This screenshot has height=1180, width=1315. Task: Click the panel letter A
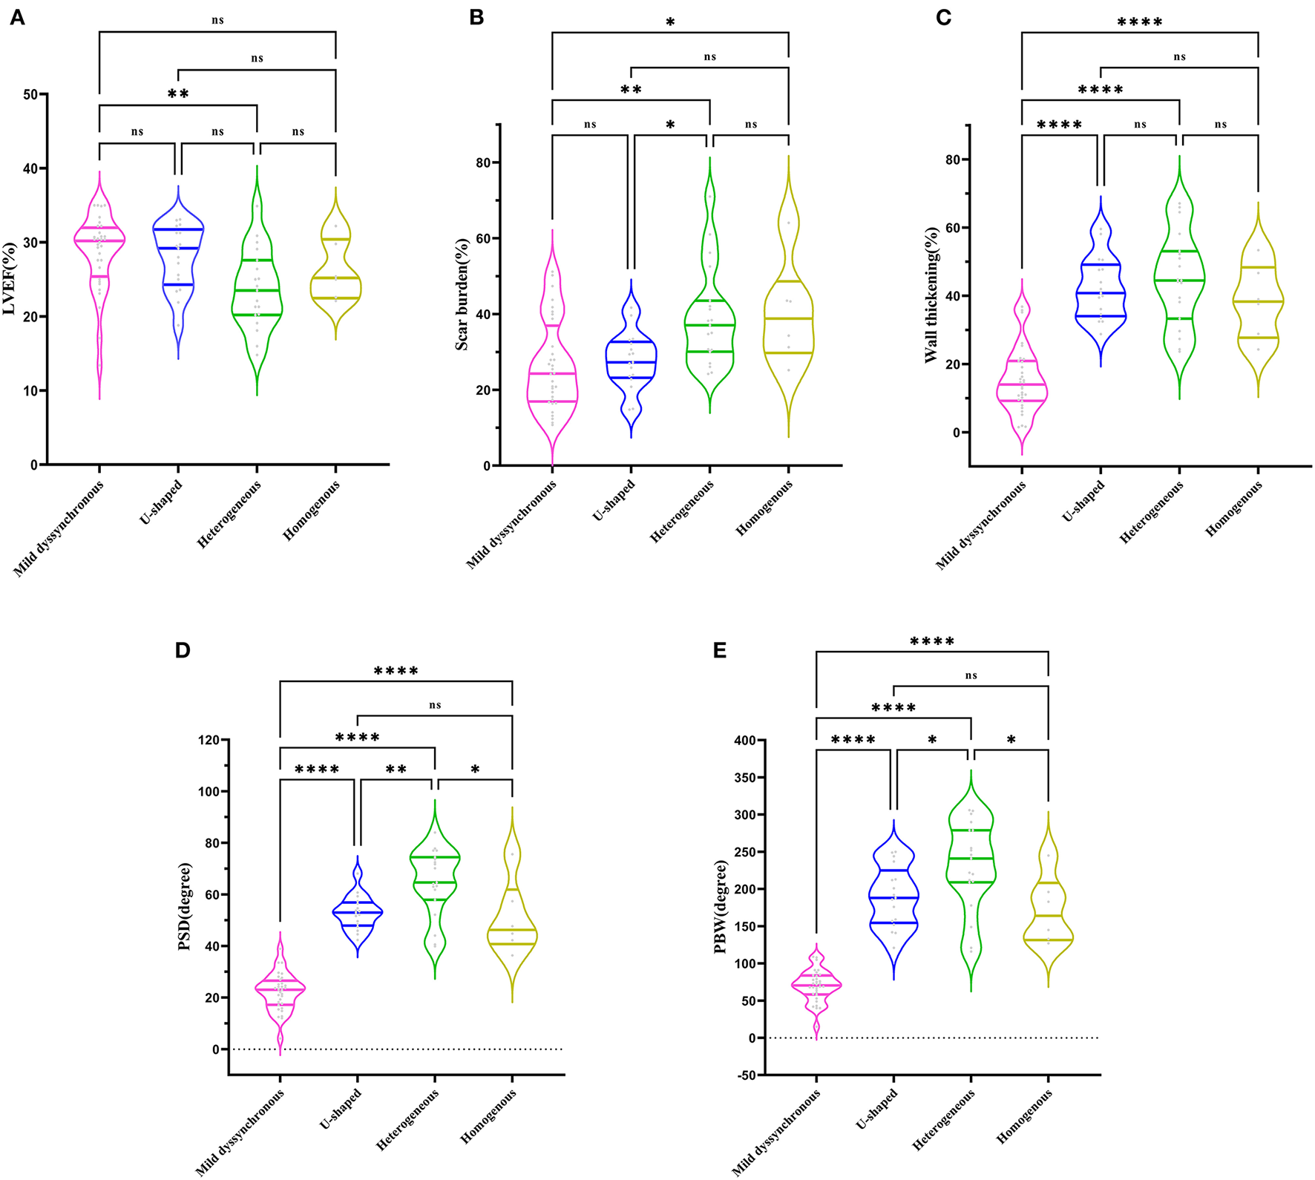coord(16,17)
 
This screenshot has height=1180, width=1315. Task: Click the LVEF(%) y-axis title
coord(10,278)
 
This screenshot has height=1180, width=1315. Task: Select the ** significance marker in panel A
coord(178,94)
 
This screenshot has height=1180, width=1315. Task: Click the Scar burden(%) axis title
coord(462,295)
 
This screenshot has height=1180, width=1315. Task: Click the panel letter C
coord(943,17)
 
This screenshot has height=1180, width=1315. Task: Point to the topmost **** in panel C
coord(1140,23)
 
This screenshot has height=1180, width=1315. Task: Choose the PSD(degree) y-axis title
coord(185,906)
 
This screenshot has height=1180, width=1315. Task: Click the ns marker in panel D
coord(435,705)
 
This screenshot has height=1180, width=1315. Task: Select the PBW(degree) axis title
coord(721,906)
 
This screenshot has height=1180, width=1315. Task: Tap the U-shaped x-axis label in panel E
coord(877,1109)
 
